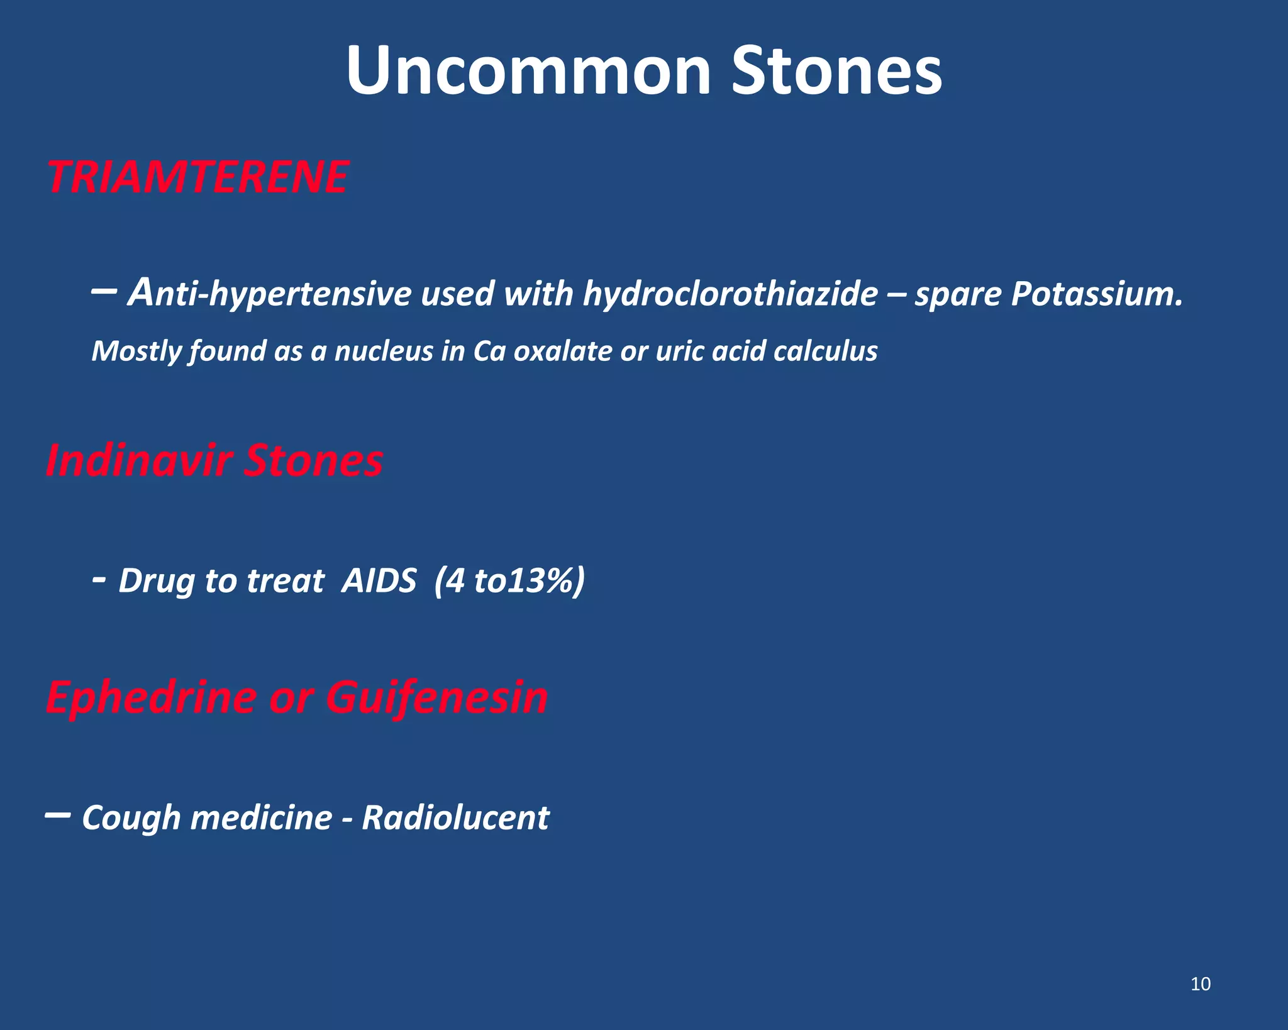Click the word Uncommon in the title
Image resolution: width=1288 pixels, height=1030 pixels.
[x=528, y=70]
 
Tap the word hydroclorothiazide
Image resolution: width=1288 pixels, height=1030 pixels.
[x=730, y=294]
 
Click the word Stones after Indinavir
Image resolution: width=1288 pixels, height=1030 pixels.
[x=313, y=460]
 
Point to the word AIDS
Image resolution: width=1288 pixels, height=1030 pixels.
[x=379, y=580]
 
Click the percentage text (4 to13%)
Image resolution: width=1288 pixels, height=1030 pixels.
[x=509, y=580]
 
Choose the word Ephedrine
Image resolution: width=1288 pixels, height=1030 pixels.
[x=151, y=698]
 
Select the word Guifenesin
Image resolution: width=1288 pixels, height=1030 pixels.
[x=436, y=698]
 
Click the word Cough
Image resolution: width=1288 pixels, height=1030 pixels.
[x=131, y=818]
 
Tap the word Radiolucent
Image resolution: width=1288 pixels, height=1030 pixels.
[x=455, y=818]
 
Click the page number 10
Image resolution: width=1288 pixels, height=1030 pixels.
[x=1201, y=984]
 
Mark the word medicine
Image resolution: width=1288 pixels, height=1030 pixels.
[x=261, y=818]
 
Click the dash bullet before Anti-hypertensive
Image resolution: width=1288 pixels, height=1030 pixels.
[x=103, y=291]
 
